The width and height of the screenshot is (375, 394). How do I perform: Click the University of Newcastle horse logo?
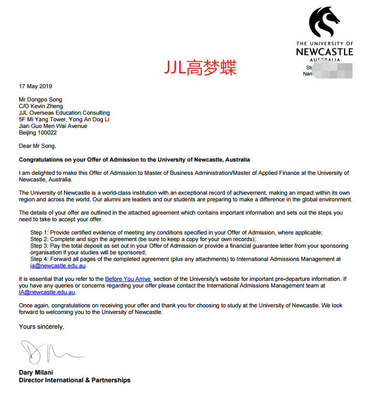(x=324, y=23)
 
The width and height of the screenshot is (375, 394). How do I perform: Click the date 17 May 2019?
(x=35, y=86)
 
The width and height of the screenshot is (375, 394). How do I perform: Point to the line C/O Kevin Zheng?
(x=44, y=106)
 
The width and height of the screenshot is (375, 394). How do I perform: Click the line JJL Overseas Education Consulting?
(x=64, y=113)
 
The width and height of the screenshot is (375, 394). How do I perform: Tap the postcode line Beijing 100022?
(x=38, y=133)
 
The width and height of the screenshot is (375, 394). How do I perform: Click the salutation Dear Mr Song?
(x=37, y=146)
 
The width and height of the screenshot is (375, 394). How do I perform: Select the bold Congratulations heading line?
(x=134, y=160)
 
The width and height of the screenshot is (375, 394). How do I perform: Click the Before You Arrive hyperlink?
(x=128, y=279)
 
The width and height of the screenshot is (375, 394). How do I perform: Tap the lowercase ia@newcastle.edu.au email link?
(x=58, y=266)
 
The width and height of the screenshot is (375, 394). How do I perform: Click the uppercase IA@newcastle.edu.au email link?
(x=47, y=293)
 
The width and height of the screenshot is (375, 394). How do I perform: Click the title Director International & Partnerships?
(x=74, y=380)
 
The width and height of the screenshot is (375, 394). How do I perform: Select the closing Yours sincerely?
(x=41, y=326)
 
